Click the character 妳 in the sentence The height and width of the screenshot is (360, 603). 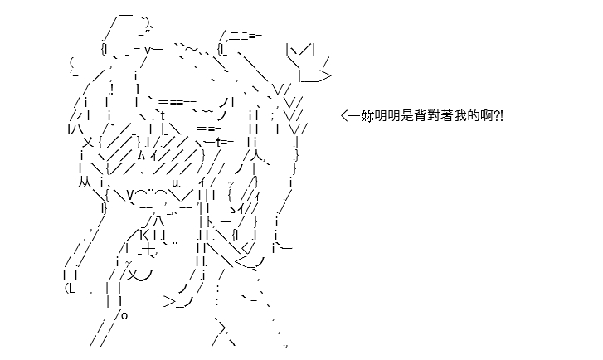[x=367, y=115]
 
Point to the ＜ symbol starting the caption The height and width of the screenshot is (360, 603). [x=344, y=115]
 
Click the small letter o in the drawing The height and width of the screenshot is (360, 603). [x=124, y=316]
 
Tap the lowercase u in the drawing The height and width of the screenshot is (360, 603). [x=175, y=183]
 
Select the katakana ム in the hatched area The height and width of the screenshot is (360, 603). [x=142, y=155]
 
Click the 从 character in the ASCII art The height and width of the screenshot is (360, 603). [x=85, y=182]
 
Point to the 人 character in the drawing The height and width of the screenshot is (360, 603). [x=257, y=155]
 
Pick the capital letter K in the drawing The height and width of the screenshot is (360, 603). [x=143, y=234]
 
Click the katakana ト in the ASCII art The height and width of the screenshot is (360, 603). [x=210, y=221]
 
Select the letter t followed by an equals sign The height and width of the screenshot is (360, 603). [x=218, y=143]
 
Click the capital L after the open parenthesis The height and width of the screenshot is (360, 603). [x=71, y=288]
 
